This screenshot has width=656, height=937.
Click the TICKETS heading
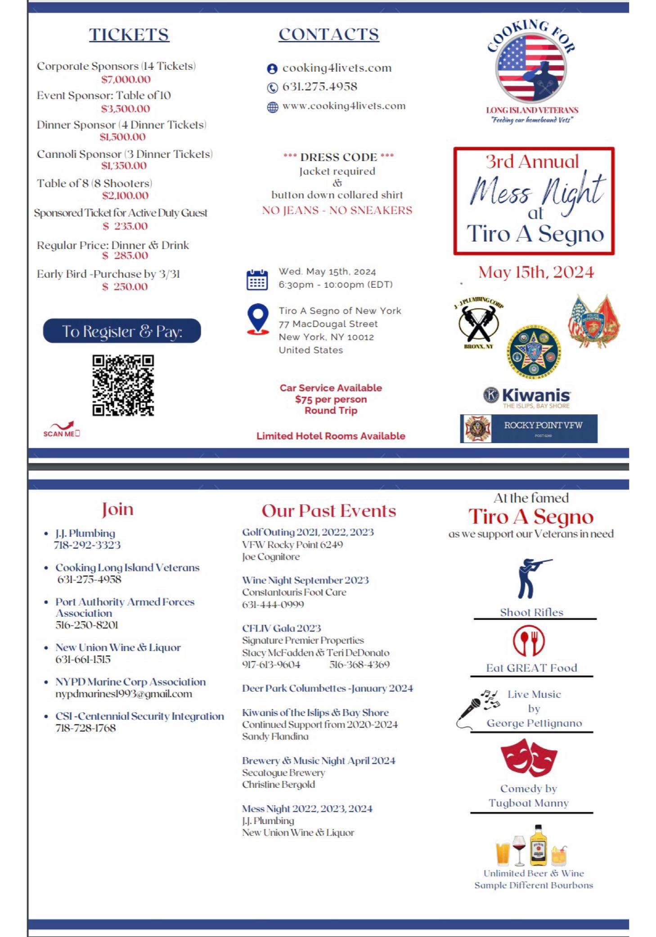coord(129,35)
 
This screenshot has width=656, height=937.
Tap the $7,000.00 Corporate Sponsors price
coord(126,80)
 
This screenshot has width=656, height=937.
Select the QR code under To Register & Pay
coord(123,385)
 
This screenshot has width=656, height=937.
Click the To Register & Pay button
coord(121,331)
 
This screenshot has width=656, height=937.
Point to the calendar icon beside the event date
coord(257,279)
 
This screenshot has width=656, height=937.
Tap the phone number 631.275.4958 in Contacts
coord(319,87)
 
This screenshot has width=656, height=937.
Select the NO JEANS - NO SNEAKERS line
coord(337,211)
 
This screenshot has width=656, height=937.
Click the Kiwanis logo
coord(527,396)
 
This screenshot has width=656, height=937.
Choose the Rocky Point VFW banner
coord(529,428)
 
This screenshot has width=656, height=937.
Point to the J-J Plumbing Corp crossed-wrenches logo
coord(478,323)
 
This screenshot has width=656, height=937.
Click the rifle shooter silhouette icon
coord(531,578)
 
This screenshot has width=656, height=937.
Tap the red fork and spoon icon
coord(529,641)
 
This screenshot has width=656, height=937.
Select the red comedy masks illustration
coord(529,758)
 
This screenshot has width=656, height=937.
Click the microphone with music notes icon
coord(477,708)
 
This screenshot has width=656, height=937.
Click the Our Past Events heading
coord(329,511)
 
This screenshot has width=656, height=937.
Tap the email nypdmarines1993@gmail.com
coord(124,694)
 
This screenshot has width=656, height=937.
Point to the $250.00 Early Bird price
coord(125,287)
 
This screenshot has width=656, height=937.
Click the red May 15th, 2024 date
coord(536,272)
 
